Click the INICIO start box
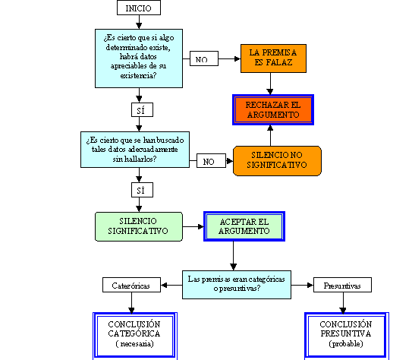139,8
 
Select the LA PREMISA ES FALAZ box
273,58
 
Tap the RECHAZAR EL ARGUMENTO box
273,109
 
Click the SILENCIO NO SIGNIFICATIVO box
277,161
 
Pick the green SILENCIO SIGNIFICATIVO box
139,226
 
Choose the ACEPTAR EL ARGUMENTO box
244,226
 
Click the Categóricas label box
131,285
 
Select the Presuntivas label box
342,285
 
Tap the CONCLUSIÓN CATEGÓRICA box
135,335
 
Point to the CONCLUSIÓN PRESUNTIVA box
347,335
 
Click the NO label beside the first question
204,58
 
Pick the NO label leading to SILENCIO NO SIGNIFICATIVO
211,160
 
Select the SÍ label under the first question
142,109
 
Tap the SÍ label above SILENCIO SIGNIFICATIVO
142,190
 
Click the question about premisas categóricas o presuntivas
237,285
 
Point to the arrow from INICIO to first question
139,22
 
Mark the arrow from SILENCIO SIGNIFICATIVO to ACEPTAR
193,226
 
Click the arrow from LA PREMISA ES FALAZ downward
270,84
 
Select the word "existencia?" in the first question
138,76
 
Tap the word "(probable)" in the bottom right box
346,344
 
